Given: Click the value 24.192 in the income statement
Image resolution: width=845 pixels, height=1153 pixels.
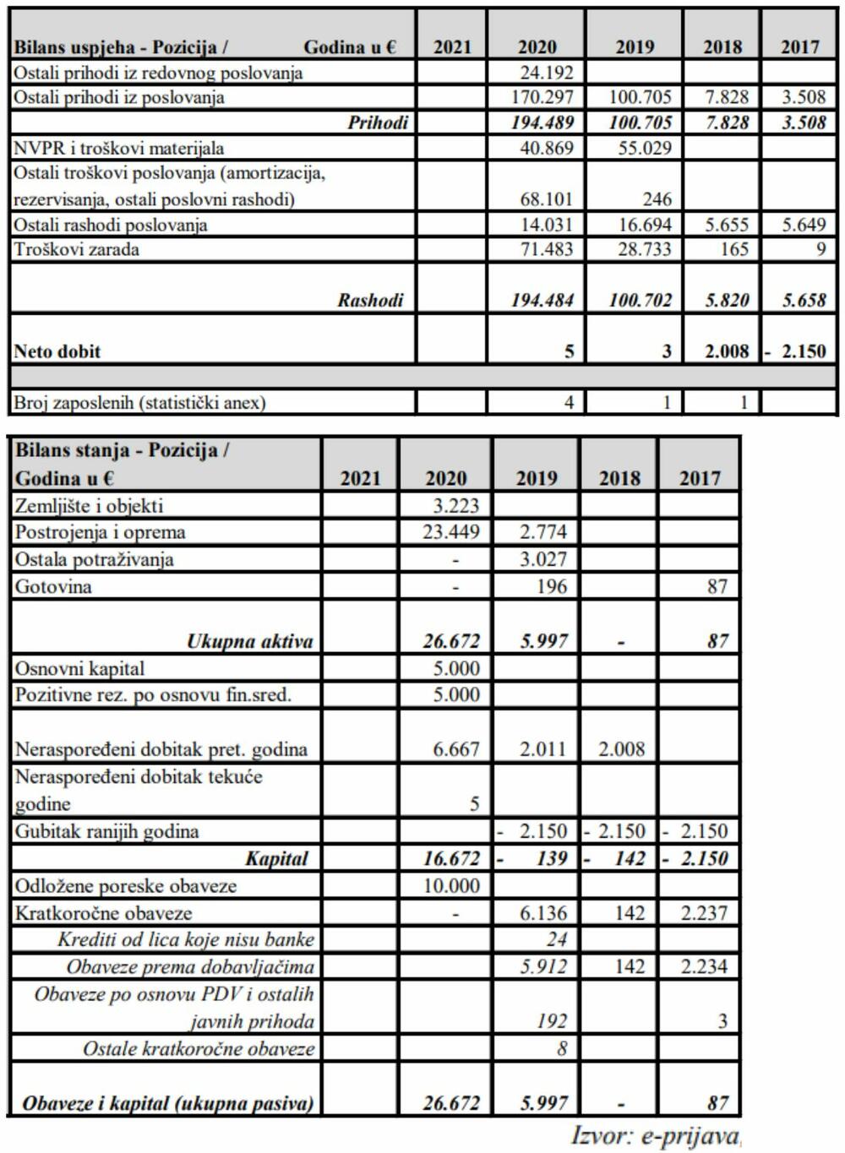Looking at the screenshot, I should (x=547, y=73).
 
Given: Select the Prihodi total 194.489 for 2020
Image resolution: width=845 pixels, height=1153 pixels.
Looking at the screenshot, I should (x=542, y=122).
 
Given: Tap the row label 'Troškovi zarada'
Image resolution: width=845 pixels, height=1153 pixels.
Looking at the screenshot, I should (x=76, y=249).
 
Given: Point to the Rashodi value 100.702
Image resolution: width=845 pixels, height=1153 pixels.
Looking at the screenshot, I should (x=641, y=300).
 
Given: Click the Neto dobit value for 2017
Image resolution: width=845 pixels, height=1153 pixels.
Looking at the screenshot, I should (x=799, y=351).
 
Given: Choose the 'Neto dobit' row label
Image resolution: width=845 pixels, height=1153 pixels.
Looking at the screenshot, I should (x=57, y=351).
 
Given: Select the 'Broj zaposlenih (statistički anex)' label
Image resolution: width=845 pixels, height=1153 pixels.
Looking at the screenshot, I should (x=139, y=403).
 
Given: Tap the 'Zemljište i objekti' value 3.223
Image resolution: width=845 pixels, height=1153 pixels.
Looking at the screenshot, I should (x=455, y=506).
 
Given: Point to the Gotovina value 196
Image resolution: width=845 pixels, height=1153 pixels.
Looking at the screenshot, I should (x=552, y=586).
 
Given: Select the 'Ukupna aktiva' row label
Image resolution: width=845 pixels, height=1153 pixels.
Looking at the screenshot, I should (x=249, y=641).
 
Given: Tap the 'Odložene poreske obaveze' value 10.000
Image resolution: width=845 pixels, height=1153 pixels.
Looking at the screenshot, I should (x=450, y=886).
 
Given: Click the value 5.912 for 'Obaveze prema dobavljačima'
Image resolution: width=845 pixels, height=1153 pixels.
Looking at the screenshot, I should (x=543, y=967).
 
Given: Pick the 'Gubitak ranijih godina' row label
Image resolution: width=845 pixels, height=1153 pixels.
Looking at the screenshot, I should (x=106, y=831).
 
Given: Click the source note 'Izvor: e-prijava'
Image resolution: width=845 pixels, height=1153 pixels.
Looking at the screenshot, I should (x=655, y=1135).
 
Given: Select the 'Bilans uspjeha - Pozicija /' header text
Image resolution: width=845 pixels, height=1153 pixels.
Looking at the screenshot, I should (x=120, y=47).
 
